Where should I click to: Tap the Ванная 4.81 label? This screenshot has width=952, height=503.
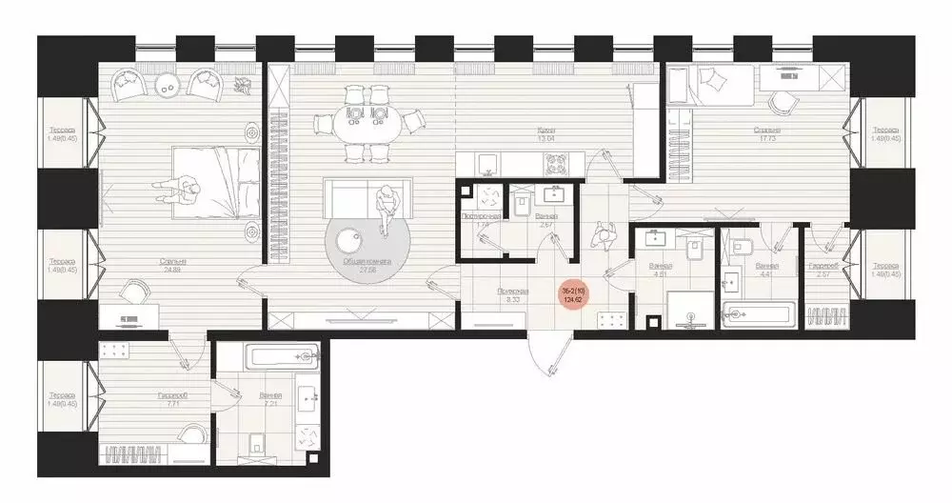click(659, 270)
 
